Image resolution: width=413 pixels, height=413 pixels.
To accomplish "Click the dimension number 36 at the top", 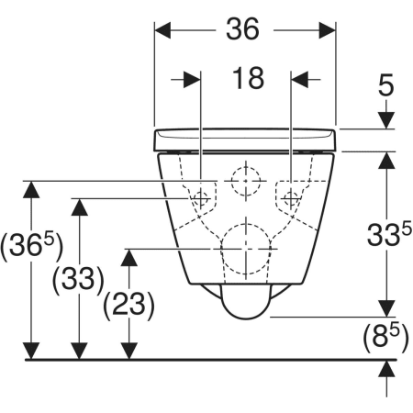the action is (242, 29).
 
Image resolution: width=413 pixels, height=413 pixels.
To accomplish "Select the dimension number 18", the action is (248, 79).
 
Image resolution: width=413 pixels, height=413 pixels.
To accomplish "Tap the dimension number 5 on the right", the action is (385, 86).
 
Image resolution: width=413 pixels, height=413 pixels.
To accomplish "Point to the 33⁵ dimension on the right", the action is (389, 234).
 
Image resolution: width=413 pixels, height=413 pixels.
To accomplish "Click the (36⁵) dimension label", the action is (31, 246).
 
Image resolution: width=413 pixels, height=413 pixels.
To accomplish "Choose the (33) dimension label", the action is (78, 280).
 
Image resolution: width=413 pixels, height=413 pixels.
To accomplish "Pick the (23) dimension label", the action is (128, 305).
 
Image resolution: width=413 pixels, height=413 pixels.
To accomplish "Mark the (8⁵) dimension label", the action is (385, 338).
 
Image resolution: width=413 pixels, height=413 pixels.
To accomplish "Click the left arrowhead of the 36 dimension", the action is (162, 30).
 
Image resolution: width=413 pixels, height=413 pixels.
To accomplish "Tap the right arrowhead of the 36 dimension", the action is (328, 30).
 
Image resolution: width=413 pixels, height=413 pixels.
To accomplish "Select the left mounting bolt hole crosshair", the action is (201, 198).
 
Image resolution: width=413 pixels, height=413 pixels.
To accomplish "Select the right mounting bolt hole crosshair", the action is (291, 198).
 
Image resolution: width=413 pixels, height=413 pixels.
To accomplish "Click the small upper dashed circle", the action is (246, 181).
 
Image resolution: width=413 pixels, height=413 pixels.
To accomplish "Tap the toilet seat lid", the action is (245, 140).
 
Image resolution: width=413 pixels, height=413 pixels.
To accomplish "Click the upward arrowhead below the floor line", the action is (386, 369).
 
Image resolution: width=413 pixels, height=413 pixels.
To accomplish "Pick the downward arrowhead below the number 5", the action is (386, 120).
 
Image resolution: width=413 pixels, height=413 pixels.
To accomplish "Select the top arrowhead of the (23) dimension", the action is (129, 257).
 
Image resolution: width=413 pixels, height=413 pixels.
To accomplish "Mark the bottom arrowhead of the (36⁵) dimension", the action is (31, 352).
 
